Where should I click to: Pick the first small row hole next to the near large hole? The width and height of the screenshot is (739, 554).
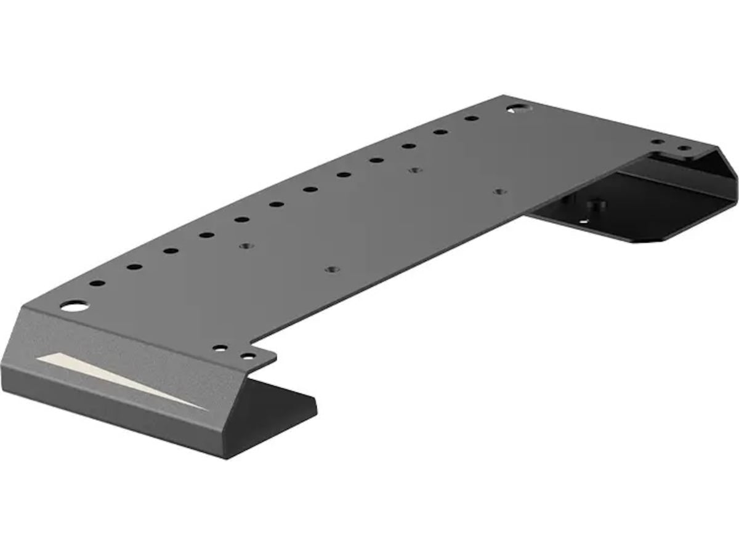pyautogui.click(x=97, y=284)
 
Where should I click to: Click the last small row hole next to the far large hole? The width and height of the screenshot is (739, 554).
pyautogui.click(x=472, y=118)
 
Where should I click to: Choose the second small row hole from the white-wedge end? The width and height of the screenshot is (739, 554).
pyautogui.click(x=134, y=267)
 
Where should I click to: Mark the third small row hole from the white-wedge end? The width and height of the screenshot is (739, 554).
pyautogui.click(x=171, y=251)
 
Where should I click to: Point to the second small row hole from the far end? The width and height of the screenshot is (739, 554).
pyautogui.click(x=440, y=132)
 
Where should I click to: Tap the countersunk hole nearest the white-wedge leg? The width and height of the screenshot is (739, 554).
pyautogui.click(x=246, y=246)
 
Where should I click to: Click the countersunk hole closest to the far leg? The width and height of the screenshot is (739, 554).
pyautogui.click(x=499, y=192)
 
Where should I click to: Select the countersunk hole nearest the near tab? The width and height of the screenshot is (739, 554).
pyautogui.click(x=332, y=270)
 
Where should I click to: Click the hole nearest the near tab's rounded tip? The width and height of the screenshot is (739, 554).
pyautogui.click(x=248, y=356)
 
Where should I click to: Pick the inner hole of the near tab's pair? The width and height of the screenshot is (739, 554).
pyautogui.click(x=220, y=348)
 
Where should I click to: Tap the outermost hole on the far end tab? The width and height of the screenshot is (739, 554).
pyautogui.click(x=684, y=148)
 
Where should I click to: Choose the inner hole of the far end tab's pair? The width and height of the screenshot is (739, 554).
pyautogui.click(x=658, y=142)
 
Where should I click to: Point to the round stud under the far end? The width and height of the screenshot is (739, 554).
pyautogui.click(x=596, y=204)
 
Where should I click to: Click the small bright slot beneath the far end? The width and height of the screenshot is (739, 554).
pyautogui.click(x=583, y=221)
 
